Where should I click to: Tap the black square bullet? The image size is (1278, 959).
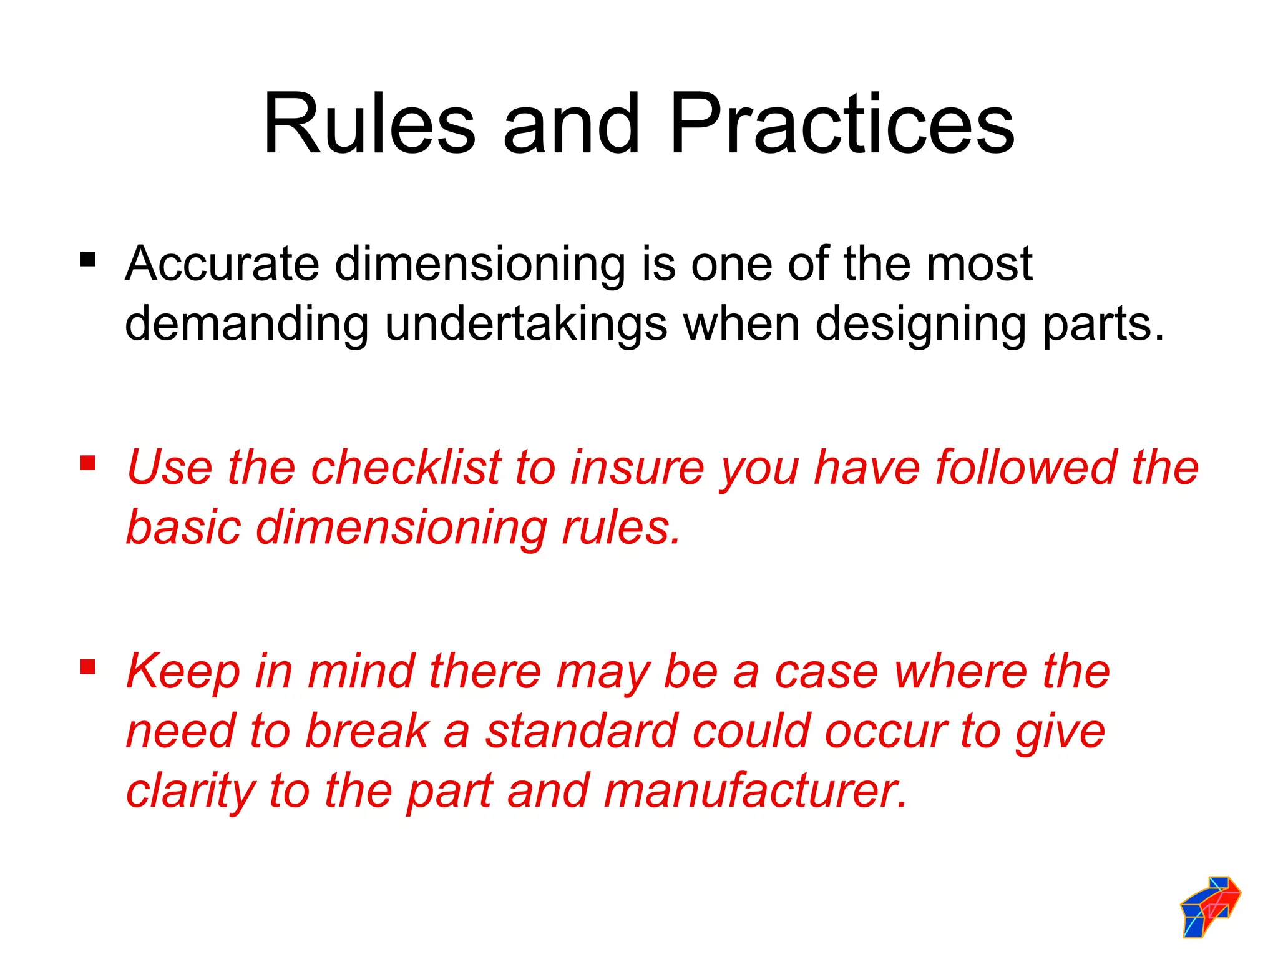88,259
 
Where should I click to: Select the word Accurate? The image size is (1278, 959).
222,264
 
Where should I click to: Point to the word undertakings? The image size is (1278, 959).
526,325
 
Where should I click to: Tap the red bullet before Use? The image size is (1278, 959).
88,463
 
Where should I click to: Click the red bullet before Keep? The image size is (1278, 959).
88,667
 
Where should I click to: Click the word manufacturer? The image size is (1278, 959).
756,790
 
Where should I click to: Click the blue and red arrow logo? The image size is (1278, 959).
1210,906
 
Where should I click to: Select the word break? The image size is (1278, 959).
368,731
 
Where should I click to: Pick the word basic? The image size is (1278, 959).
183,527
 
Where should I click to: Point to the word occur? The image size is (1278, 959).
885,731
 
